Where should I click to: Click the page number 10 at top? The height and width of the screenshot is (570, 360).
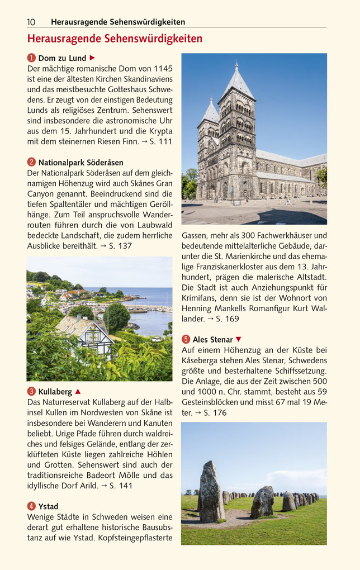pyautogui.click(x=31, y=22)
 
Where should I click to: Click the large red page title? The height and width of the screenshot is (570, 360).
pyautogui.click(x=115, y=39)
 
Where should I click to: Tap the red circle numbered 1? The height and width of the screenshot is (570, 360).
pyautogui.click(x=31, y=58)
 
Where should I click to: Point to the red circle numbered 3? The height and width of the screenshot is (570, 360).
pyautogui.click(x=31, y=392)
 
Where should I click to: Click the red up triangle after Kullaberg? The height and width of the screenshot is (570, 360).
pyautogui.click(x=78, y=391)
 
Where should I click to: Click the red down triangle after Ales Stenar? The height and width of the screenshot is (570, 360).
pyautogui.click(x=239, y=339)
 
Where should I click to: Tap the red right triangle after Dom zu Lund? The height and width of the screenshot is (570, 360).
pyautogui.click(x=93, y=58)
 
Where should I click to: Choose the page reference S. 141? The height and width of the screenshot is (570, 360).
pyautogui.click(x=121, y=486)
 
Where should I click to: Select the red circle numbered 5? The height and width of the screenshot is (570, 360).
pyautogui.click(x=186, y=339)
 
